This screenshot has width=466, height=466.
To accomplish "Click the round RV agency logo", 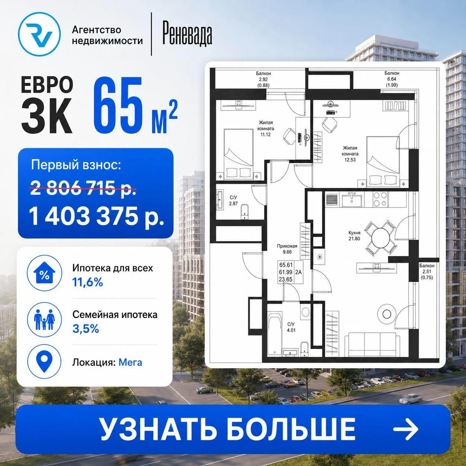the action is [x=39, y=34].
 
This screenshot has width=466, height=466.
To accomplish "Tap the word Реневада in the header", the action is [x=187, y=35].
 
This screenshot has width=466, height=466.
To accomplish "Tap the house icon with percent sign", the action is [x=45, y=273].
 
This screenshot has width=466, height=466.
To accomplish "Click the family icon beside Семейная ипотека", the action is [x=45, y=320].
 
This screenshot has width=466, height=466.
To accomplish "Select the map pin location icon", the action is [x=44, y=362].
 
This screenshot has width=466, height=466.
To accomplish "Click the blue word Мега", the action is [x=130, y=362].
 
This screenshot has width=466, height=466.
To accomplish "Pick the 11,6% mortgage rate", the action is [x=88, y=282].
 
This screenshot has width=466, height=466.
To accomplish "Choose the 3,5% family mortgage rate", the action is [x=85, y=329].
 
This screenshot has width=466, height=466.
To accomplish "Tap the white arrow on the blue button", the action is [x=405, y=429].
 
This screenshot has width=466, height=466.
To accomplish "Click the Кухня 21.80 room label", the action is [x=354, y=236].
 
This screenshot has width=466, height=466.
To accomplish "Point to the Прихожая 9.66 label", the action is [x=287, y=249].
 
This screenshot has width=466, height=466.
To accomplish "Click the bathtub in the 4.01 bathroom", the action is [x=275, y=335].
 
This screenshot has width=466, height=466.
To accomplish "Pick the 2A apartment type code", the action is [x=298, y=272].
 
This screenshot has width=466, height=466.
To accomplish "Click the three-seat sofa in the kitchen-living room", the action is [x=372, y=344].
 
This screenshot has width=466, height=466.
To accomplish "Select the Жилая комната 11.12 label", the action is [x=266, y=129].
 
